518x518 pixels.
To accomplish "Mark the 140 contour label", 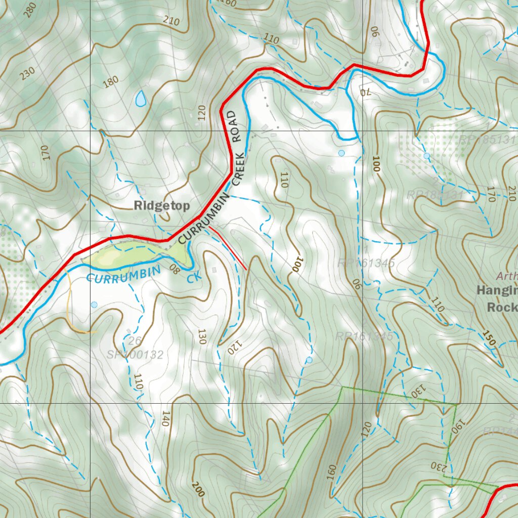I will pyautogui.click(x=164, y=418).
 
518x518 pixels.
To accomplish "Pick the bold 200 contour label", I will pyautogui.click(x=198, y=489).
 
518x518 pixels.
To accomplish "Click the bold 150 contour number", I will pyautogui.click(x=489, y=338).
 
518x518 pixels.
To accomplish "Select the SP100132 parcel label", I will pyautogui.click(x=135, y=355).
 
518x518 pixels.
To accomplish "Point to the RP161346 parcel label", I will pyautogui.click(x=366, y=263).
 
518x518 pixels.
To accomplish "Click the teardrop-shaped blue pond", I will pyautogui.click(x=141, y=99).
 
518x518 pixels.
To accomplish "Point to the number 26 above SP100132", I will pyautogui.click(x=134, y=341).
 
